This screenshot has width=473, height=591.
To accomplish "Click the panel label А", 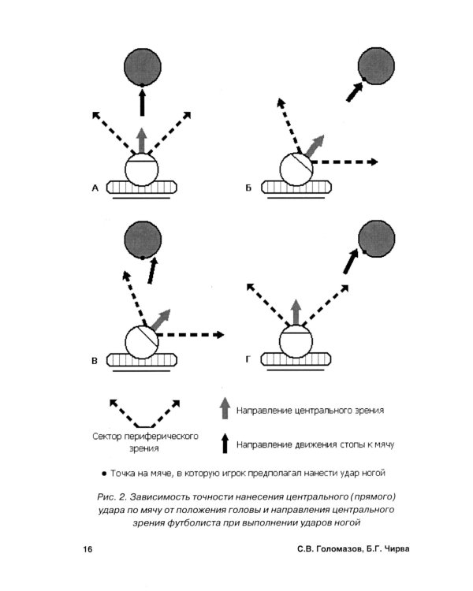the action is coord(95,188).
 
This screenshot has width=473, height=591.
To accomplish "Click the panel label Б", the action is coord(248,188).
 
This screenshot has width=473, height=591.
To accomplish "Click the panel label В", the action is coord(95,361).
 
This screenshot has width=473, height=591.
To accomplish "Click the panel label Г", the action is coord(248,359).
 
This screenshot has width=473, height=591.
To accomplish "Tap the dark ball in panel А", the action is coord(143,67).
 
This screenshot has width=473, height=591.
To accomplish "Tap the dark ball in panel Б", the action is coord(376,66).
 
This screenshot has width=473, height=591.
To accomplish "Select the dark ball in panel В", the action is coord(143,240).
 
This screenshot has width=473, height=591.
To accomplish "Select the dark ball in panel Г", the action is coord(376,239).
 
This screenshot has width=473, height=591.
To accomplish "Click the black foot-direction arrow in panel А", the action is coord(142,102).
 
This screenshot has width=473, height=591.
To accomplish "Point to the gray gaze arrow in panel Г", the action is coord(296,312).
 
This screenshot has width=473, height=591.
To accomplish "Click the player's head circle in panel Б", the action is coord(296,169).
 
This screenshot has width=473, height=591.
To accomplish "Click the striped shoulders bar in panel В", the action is coord(142,360).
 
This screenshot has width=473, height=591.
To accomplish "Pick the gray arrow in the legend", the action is coord(225,408).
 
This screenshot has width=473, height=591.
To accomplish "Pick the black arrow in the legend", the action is coord(225,443).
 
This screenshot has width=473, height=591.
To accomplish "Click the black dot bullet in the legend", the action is coord(104,474).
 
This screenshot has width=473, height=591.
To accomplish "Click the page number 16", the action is coord(88,549).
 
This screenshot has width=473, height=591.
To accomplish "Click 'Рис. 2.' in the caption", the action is coord(111,496).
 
